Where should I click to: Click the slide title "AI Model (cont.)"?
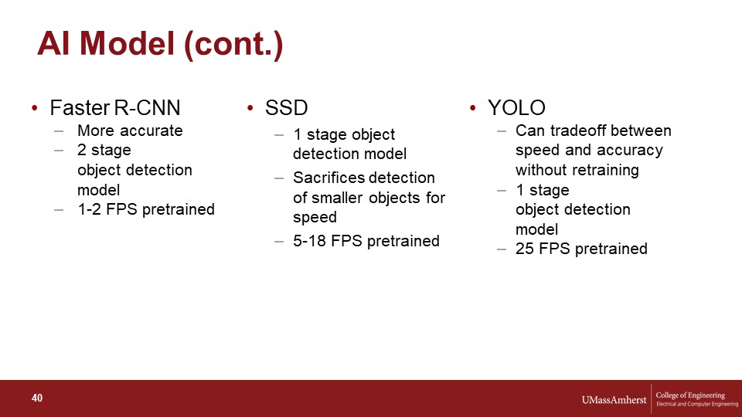(160, 45)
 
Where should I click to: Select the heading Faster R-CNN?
(115, 108)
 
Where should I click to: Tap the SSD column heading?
(286, 108)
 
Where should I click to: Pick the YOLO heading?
(516, 108)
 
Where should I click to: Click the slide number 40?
(37, 398)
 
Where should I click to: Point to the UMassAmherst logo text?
(614, 400)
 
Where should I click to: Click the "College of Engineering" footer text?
(690, 395)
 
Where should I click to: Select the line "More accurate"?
(130, 131)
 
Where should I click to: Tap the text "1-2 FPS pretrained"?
(146, 209)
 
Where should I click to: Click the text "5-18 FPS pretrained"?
(366, 241)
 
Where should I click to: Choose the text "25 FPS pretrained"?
(581, 249)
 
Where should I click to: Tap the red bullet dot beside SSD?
(250, 108)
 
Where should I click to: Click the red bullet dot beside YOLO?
(473, 108)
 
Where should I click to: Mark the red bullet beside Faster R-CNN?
(35, 108)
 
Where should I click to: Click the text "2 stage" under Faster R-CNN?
(104, 150)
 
